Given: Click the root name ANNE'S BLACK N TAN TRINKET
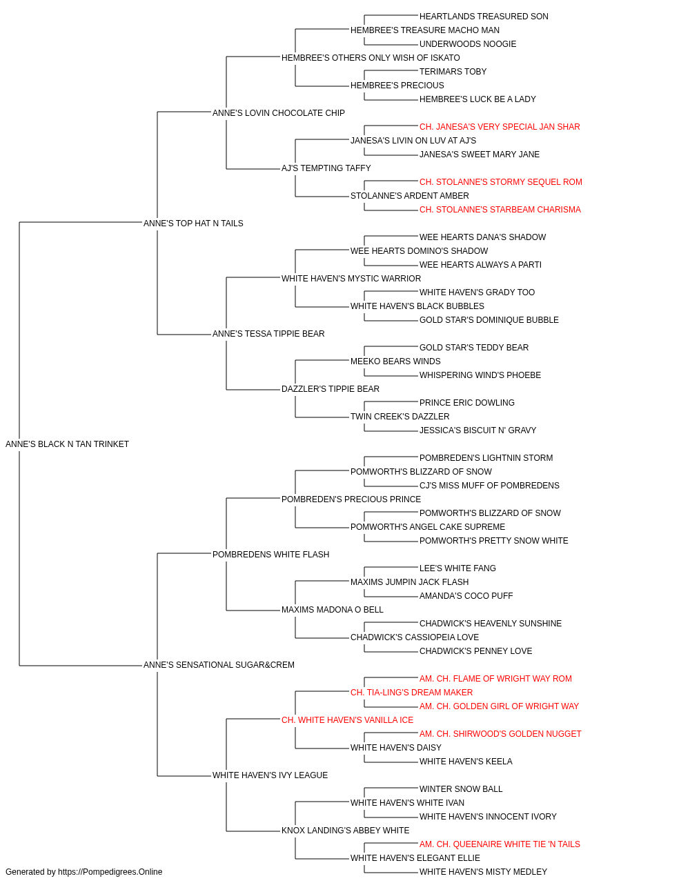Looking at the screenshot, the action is [67, 444].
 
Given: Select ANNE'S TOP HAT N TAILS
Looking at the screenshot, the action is [193, 224].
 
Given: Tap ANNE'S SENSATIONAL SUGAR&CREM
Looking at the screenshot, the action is [219, 665].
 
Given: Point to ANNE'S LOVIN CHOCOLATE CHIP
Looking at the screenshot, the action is [278, 113].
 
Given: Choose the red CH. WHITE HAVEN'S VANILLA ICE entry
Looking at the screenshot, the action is [347, 720].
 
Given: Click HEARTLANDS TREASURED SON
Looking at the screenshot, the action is [484, 17].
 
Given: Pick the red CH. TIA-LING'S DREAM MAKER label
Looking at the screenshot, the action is [411, 693].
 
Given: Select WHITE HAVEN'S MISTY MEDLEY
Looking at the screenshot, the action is [483, 872].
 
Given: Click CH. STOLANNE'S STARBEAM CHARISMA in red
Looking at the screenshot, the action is [500, 210].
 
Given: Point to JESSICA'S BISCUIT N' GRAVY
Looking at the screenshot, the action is [477, 430].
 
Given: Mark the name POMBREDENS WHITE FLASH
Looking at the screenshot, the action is [270, 555].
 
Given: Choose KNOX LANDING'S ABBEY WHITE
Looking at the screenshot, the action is [345, 830].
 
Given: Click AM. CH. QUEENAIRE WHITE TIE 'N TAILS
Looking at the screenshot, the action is [500, 844].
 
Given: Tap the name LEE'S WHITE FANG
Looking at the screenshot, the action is [457, 568].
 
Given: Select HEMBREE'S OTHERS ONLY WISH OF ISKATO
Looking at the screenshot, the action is [371, 58].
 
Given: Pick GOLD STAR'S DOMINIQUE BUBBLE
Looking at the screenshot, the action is [489, 320].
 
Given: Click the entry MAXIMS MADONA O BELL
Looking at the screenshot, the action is [332, 610].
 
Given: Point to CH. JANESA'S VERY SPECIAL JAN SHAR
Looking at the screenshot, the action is [500, 127].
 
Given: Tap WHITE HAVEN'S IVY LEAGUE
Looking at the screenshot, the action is [270, 775].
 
